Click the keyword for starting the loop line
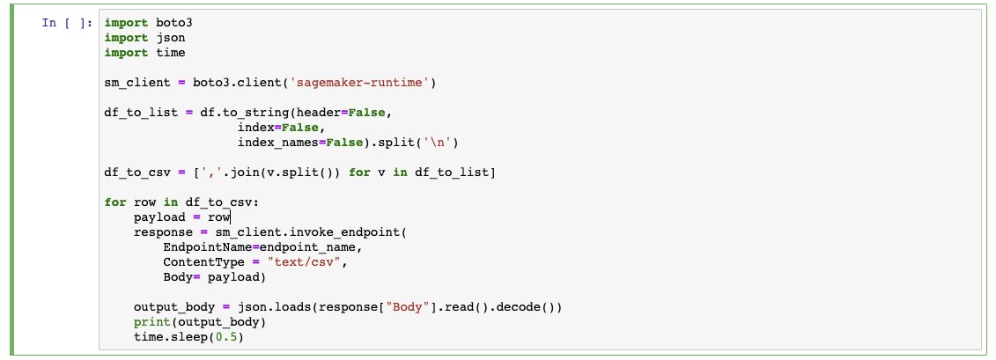pos(114,202)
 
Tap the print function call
pos(151,322)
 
